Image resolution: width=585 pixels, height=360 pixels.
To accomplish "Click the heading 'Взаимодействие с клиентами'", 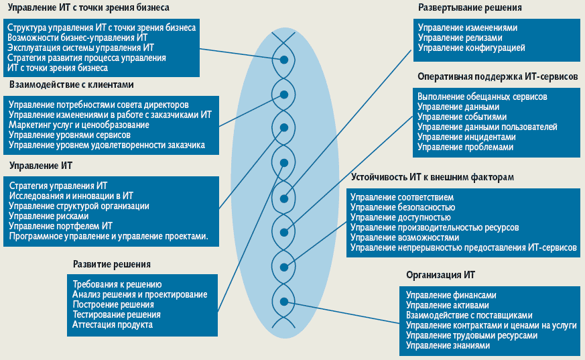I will [72, 85].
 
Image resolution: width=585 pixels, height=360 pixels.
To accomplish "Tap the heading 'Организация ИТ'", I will [441, 276].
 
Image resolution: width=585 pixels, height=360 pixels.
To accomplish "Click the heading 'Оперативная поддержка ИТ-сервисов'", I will [497, 77].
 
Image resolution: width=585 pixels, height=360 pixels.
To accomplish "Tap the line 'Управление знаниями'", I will [448, 345].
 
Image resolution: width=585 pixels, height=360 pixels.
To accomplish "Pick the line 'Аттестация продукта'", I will [113, 324].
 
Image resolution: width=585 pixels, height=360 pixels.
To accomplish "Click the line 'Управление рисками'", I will [49, 216].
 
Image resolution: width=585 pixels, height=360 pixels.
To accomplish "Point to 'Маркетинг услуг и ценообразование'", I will [79, 125].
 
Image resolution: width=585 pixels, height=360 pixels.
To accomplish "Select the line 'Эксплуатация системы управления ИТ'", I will [80, 48].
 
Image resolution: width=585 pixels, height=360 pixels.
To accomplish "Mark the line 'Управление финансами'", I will [451, 295].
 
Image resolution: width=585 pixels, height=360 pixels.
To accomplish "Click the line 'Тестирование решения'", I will [116, 314].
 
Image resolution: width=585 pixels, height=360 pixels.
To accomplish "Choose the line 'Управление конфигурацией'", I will [471, 48].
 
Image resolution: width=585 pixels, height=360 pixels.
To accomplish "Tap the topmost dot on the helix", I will [284, 60].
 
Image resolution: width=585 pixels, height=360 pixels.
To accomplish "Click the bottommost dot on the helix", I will [284, 301].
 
